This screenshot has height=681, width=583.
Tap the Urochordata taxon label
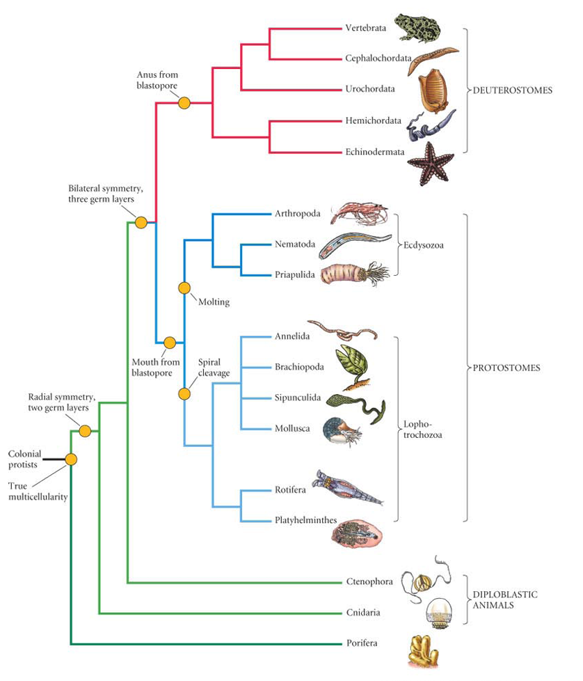(370, 89)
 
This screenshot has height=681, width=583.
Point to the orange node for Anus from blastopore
(184, 103)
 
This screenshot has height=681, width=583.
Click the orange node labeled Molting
(184, 287)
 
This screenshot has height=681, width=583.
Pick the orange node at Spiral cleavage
(184, 393)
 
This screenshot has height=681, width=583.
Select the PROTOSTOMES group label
(507, 367)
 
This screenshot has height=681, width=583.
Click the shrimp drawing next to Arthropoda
(359, 212)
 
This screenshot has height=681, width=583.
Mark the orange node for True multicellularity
(71, 459)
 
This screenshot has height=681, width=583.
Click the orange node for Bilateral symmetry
(141, 222)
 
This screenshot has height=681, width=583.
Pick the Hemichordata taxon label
(373, 120)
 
